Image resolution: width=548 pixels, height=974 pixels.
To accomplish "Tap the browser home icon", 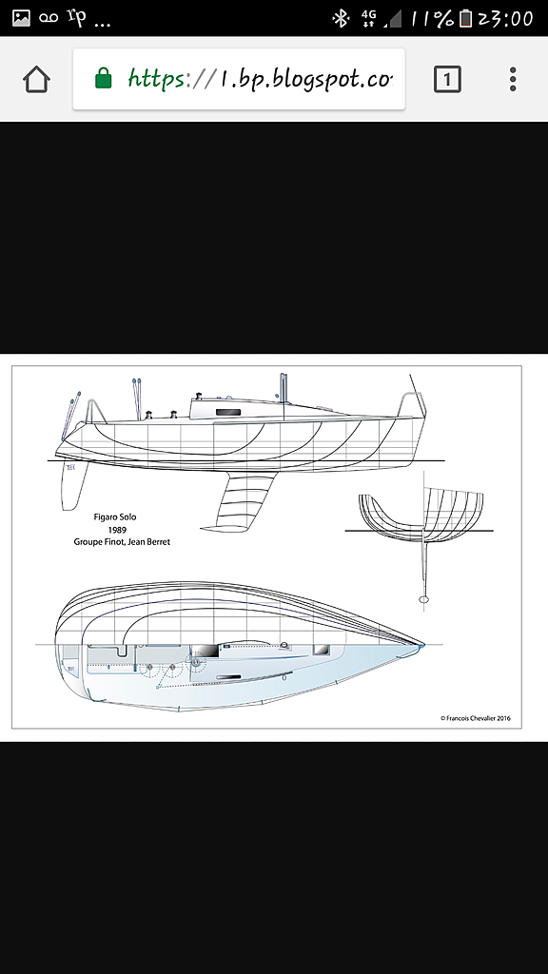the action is pyautogui.click(x=37, y=80).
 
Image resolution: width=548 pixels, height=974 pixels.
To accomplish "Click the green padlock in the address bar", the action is pyautogui.click(x=104, y=79).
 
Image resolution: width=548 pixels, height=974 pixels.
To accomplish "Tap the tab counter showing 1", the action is pyautogui.click(x=447, y=80).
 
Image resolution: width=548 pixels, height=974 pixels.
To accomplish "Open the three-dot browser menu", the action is pyautogui.click(x=513, y=80).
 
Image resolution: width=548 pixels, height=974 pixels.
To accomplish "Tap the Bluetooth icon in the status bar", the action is pyautogui.click(x=341, y=19).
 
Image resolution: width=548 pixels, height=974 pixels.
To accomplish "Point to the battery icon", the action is pyautogui.click(x=465, y=19).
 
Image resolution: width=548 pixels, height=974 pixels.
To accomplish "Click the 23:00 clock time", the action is pyautogui.click(x=505, y=19).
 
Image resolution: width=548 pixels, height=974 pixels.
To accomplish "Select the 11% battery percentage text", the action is pyautogui.click(x=431, y=19).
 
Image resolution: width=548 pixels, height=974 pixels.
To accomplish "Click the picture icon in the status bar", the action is pyautogui.click(x=22, y=18).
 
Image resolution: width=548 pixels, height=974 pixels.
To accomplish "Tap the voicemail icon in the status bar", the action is pyautogui.click(x=49, y=19).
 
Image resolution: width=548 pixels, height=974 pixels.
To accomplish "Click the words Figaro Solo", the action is pyautogui.click(x=114, y=516).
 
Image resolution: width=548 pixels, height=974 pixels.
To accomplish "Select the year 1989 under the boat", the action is pyautogui.click(x=117, y=529).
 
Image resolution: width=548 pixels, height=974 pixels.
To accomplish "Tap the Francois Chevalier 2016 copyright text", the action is pyautogui.click(x=476, y=718).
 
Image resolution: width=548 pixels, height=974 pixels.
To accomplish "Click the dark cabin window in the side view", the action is pyautogui.click(x=228, y=413).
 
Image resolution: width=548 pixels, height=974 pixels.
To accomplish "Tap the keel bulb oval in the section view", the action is pyautogui.click(x=424, y=599).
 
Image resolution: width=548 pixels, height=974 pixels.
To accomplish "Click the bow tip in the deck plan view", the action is pyautogui.click(x=422, y=646).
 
